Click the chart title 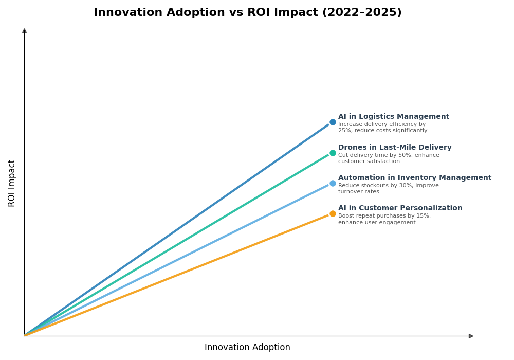point(247,12)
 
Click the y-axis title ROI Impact point(12,183)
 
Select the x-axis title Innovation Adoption point(247,348)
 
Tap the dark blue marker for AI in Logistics point(333,122)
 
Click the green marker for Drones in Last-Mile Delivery point(333,153)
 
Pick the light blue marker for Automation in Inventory point(333,183)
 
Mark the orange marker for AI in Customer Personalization point(333,214)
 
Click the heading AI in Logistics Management point(393,117)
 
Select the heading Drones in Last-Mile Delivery point(395,148)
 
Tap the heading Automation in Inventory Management point(414,178)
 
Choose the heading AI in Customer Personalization point(400,208)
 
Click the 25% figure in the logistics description point(344,131)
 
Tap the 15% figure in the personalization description point(423,216)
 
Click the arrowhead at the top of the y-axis point(24,31)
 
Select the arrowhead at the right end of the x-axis point(471,336)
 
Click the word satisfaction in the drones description point(385,161)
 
